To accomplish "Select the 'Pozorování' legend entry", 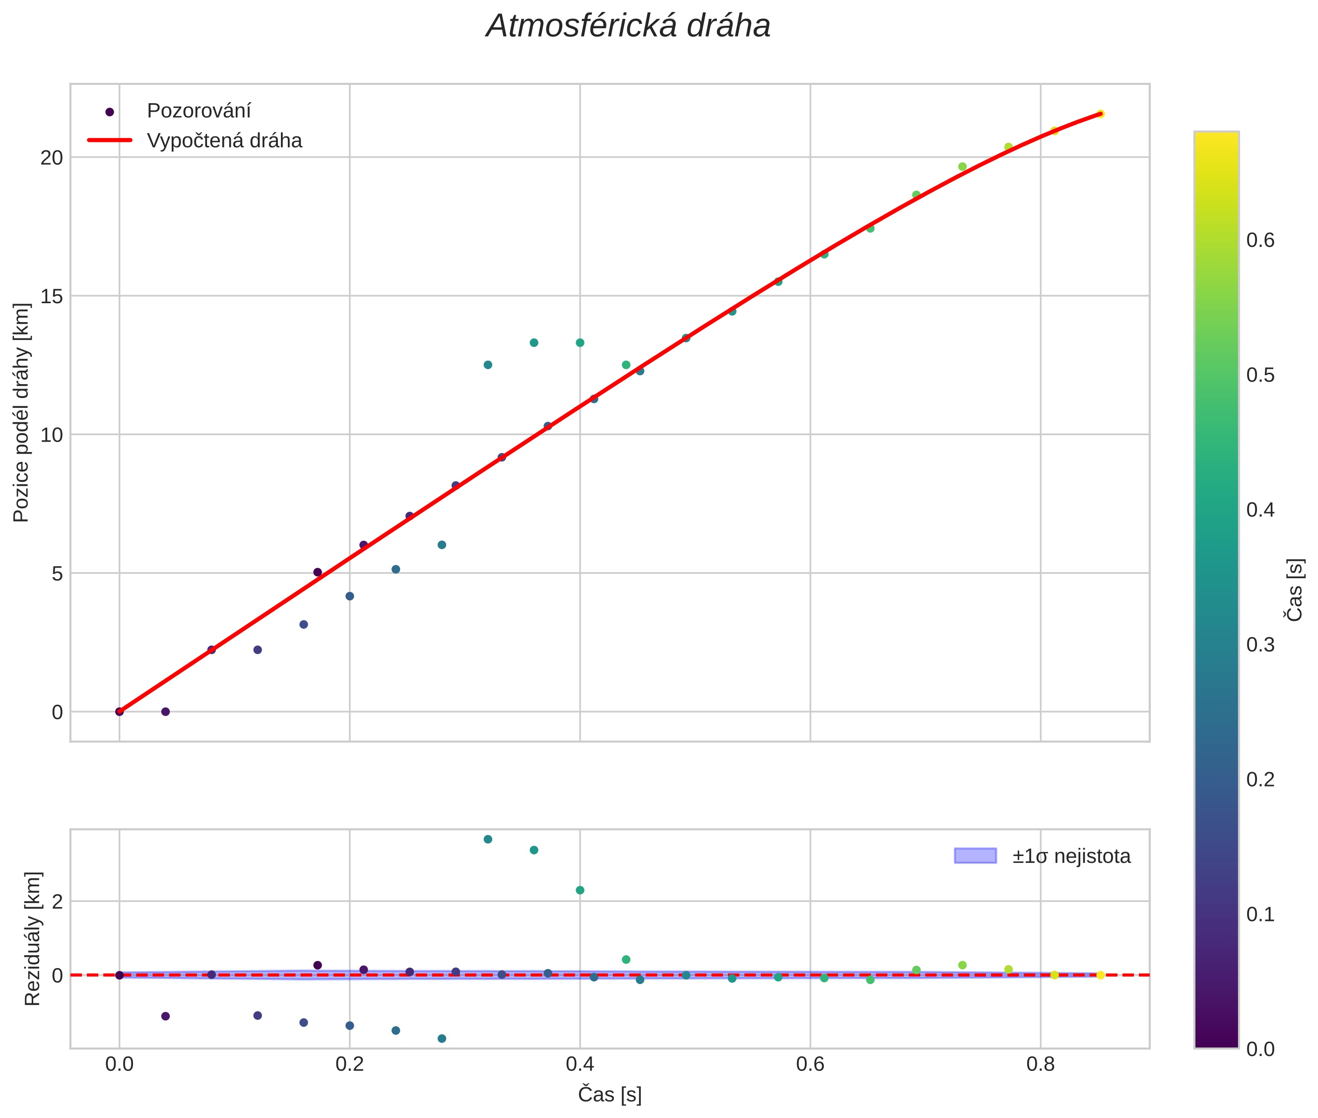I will pyautogui.click(x=198, y=111).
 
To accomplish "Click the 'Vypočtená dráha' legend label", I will pyautogui.click(x=224, y=141).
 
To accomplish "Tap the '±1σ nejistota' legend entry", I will pyautogui.click(x=1071, y=856).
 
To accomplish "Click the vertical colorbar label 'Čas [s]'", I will pyautogui.click(x=1295, y=590).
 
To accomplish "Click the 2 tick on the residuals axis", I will pyautogui.click(x=58, y=901).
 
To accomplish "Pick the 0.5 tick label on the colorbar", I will pyautogui.click(x=1260, y=375).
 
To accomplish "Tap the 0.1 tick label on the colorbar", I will pyautogui.click(x=1260, y=915).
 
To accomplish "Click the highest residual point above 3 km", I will pyautogui.click(x=488, y=839).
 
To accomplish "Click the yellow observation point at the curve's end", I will pyautogui.click(x=1101, y=114).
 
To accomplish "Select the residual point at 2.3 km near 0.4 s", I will pyautogui.click(x=580, y=890).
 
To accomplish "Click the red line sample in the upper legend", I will pyautogui.click(x=110, y=140).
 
